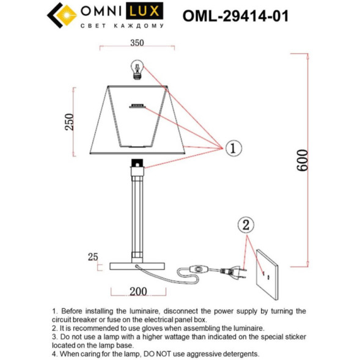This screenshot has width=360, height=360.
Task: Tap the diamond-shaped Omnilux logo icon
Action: tap(60, 16)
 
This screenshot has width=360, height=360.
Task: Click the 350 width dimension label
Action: tap(136, 43)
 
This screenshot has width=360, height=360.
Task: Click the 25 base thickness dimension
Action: tap(92, 257)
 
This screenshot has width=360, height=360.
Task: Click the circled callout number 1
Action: tap(234, 148)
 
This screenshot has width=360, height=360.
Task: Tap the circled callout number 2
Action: tap(245, 225)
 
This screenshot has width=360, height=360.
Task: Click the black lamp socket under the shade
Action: tap(138, 163)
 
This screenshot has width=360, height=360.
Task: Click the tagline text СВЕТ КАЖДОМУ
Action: tap(122, 26)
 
